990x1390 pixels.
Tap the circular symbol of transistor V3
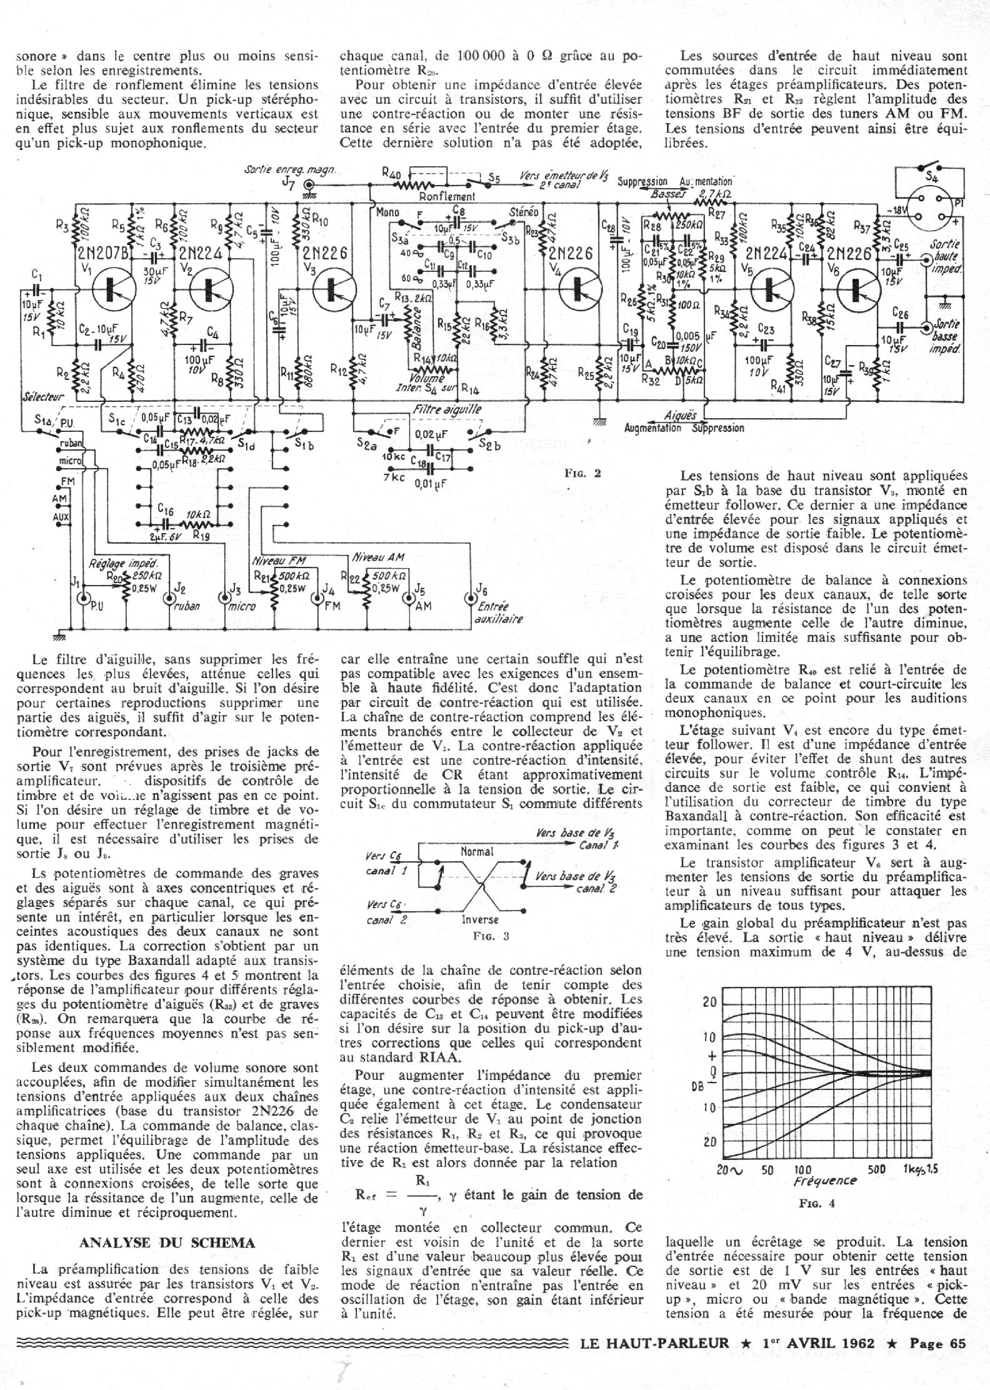click(x=331, y=289)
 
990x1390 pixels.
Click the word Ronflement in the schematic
click(x=447, y=196)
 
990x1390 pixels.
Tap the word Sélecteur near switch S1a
click(x=42, y=397)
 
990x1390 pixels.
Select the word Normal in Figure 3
click(x=477, y=851)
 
